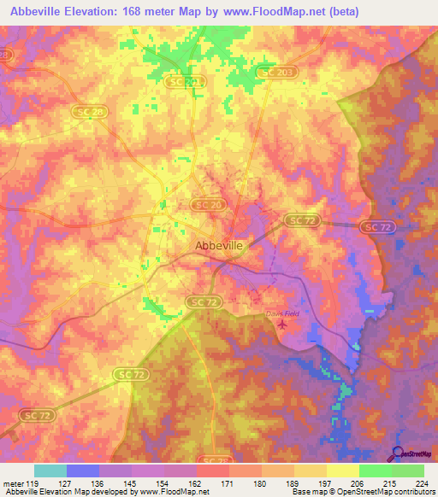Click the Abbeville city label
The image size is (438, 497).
pyautogui.click(x=219, y=245)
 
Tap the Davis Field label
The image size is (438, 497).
pyautogui.click(x=279, y=313)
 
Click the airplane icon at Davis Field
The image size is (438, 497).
pyautogui.click(x=295, y=314)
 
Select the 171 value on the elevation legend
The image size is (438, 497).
pyautogui.click(x=225, y=482)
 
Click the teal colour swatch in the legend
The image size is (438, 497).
pyautogui.click(x=50, y=471)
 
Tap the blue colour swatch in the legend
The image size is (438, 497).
pyautogui.click(x=82, y=471)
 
